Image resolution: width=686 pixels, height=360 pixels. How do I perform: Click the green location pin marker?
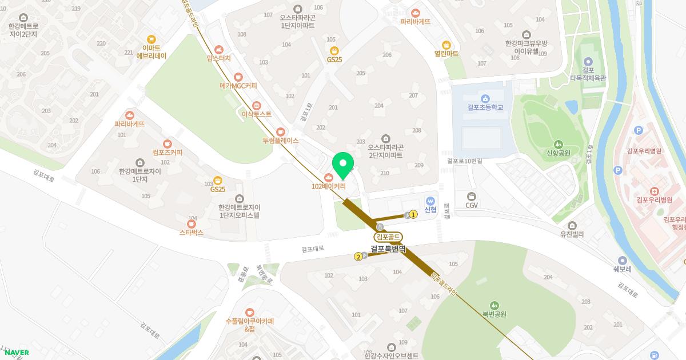343,165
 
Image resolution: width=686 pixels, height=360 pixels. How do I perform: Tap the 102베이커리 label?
328,186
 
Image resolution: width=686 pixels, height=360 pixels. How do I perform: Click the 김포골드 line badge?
388,237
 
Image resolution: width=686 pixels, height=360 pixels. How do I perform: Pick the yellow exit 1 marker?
413,215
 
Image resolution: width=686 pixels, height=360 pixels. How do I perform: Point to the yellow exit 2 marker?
358,257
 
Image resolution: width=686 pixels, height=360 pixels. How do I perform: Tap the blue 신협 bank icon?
430,201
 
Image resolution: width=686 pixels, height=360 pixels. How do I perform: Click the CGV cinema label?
472,205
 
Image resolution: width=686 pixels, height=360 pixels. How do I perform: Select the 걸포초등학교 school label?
485,107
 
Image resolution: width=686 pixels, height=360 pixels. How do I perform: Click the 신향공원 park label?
559,153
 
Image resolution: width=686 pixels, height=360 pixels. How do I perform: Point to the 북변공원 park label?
494,314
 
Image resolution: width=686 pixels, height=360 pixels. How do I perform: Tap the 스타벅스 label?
192,233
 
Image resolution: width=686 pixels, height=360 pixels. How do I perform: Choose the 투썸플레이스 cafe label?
281,140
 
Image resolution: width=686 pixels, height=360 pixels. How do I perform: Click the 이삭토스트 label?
257,114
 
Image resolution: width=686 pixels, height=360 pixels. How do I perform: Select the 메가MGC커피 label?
238,86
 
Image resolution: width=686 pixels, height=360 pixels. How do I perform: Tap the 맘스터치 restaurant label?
219,58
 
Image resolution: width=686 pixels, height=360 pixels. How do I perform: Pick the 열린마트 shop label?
446,54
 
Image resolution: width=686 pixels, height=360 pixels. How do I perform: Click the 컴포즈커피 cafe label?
167,153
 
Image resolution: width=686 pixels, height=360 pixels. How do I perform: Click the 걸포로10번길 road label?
465,161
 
